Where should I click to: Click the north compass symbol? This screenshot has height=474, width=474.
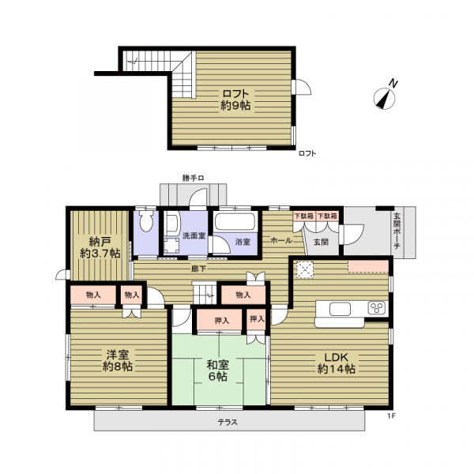pos(385,98)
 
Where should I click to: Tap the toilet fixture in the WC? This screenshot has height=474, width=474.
pos(146,221)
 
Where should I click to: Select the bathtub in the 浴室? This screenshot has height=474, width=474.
pos(235,222)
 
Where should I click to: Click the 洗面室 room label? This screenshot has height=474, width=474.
pos(194,235)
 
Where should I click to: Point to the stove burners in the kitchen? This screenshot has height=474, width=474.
pos(376,308)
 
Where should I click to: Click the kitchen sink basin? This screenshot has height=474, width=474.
pos(340,309)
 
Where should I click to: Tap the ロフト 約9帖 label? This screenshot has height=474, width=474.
pos(235,100)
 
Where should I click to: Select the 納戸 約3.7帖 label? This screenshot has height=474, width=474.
pos(100,247)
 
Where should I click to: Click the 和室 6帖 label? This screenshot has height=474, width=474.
pos(218,371)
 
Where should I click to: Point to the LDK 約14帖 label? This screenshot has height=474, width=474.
pos(337,363)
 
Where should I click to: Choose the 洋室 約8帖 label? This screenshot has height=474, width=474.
pos(117,360)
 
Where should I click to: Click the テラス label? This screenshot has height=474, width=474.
pos(228,422)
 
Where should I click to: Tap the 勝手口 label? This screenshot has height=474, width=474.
pos(193,179)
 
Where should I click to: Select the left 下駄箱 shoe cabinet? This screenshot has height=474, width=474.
pos(304,216)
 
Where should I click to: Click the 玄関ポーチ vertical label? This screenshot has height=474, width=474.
pos(397,231)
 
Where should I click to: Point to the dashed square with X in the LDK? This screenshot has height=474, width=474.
pos(305,269)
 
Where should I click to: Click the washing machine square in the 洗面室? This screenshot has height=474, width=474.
pos(171,245)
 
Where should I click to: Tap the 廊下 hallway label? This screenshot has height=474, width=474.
pos(198,268)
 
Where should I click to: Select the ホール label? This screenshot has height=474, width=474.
pos(281,240)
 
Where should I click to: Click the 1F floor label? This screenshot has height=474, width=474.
pos(392,416)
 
